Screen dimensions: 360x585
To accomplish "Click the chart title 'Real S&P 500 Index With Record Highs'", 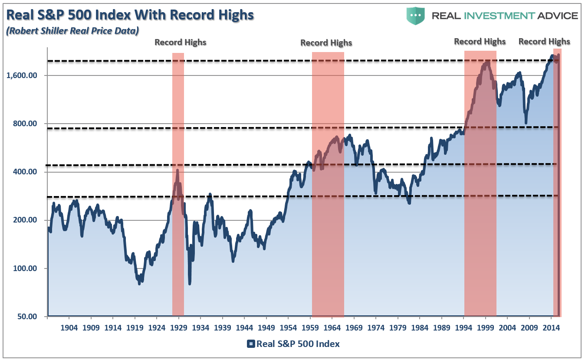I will (x=130, y=15).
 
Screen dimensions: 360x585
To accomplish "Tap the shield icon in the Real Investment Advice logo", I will (x=415, y=16).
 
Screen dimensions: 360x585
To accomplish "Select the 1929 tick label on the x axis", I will (x=178, y=327).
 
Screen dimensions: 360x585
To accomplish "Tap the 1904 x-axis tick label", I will (x=69, y=327).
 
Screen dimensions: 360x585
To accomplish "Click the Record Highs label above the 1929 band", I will (x=181, y=43).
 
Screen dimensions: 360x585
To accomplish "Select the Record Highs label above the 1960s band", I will (x=326, y=43).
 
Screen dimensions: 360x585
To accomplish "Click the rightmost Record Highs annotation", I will (x=545, y=42).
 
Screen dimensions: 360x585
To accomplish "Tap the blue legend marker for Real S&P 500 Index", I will (x=251, y=344).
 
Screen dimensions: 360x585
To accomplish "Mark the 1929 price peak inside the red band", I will (x=177, y=170).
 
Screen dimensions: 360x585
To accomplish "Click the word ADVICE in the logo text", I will (x=557, y=16).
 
